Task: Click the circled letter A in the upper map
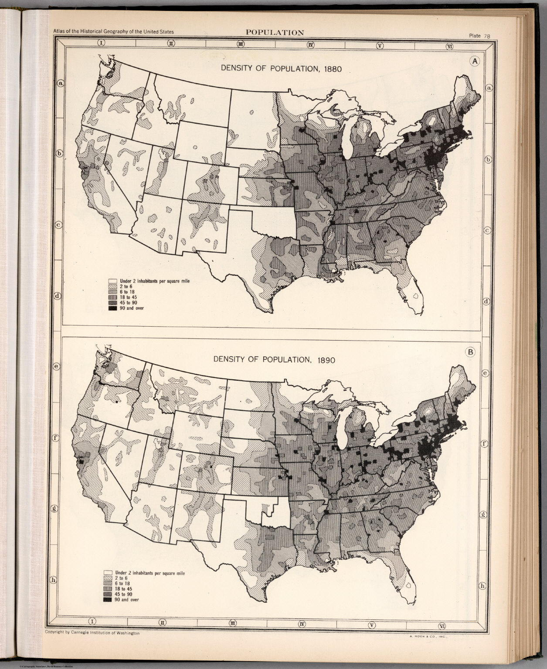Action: pos(475,61)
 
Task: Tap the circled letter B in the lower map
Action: pos(470,352)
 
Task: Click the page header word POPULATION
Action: pos(275,32)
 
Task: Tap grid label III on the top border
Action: pos(240,44)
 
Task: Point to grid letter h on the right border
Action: pos(482,586)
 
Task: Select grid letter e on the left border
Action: pos(56,367)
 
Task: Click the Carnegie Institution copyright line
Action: pos(92,633)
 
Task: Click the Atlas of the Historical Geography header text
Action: pos(113,32)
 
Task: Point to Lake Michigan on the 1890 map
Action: pos(342,425)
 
